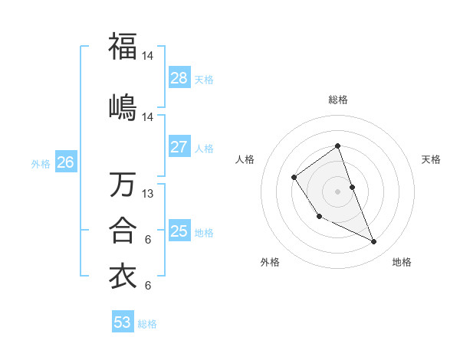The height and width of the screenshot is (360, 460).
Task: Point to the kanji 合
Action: [x=123, y=230]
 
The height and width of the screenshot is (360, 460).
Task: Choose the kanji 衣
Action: [x=123, y=277]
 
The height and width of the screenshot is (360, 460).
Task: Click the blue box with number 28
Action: [x=179, y=78]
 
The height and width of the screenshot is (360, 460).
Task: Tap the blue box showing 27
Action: [x=179, y=147]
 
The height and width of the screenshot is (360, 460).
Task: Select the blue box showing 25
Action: [x=179, y=231]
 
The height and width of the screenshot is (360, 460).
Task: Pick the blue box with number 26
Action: [x=66, y=162]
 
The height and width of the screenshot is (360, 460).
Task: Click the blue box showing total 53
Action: [x=123, y=322]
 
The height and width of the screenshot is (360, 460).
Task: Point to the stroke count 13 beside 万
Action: [x=148, y=194]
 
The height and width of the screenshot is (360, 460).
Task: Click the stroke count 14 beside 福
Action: [x=148, y=55]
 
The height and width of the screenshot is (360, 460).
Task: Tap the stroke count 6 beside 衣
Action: [x=148, y=286]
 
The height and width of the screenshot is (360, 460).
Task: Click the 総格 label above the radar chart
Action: [x=338, y=100]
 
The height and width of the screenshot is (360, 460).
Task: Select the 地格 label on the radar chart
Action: [x=402, y=262]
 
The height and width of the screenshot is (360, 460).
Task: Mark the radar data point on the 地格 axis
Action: [x=374, y=241]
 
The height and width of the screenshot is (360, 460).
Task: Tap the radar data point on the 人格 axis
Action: [x=294, y=178]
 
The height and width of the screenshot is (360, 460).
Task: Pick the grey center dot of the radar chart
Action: [x=338, y=191]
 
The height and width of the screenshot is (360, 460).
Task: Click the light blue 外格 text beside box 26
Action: [x=41, y=163]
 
